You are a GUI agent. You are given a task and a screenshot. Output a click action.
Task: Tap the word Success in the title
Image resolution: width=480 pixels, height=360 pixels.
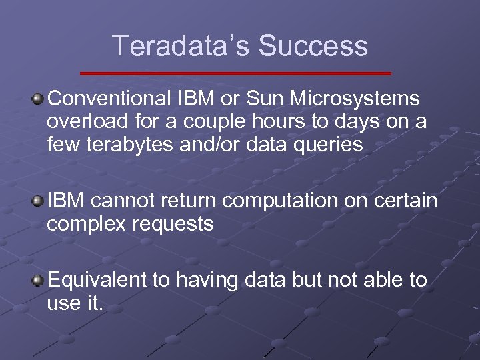(x=313, y=46)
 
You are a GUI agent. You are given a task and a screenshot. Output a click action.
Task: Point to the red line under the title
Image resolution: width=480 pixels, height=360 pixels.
(x=235, y=73)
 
